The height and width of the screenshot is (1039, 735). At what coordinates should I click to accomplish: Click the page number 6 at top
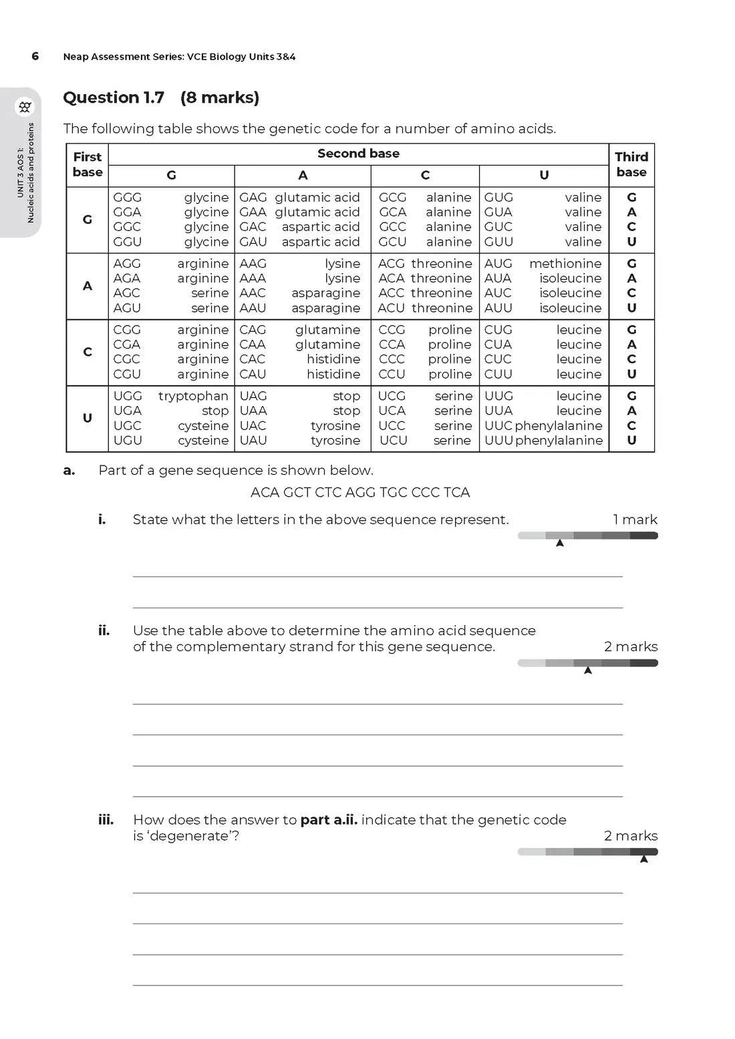click(35, 56)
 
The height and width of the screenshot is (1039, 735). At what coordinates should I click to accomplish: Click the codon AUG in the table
click(498, 264)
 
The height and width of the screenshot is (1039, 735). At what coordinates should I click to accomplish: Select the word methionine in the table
click(565, 264)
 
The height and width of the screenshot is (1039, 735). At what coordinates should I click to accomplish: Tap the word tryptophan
click(193, 396)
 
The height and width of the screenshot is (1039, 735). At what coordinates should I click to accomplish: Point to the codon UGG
click(128, 396)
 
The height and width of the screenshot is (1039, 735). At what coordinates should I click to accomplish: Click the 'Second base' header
click(358, 154)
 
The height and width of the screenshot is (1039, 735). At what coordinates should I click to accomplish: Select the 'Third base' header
click(631, 164)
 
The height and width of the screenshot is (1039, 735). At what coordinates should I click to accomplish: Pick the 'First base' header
click(88, 164)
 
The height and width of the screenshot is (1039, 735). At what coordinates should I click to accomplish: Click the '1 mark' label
click(635, 519)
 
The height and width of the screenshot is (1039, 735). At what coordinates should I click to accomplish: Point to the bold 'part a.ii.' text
click(329, 820)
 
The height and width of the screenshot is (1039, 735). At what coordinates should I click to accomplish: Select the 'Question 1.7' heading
click(114, 97)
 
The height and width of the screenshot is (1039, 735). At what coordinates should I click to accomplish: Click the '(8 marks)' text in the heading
click(219, 97)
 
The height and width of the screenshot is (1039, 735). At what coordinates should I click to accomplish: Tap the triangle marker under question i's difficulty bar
click(560, 544)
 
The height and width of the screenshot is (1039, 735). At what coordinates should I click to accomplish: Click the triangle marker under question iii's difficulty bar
click(644, 859)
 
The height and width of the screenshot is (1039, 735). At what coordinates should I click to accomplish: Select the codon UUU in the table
click(498, 441)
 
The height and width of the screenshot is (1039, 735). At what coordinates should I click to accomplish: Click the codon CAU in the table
click(253, 375)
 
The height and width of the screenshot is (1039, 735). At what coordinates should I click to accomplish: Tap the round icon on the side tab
click(25, 107)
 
